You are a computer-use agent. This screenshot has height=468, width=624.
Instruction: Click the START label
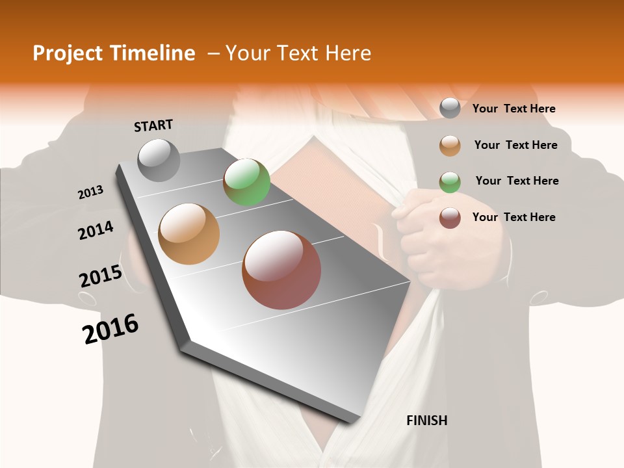(x=153, y=125)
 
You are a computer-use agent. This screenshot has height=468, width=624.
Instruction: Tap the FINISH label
(x=426, y=421)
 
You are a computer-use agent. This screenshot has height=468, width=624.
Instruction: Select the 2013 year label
(x=90, y=192)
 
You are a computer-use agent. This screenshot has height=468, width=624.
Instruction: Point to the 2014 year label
(x=96, y=230)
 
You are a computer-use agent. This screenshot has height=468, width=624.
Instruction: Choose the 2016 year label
(x=110, y=329)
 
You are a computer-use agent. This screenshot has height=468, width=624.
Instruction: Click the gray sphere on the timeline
(x=159, y=160)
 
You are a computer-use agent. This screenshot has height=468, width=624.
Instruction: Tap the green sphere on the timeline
(x=246, y=182)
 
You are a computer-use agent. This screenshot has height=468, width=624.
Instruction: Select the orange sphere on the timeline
(x=188, y=234)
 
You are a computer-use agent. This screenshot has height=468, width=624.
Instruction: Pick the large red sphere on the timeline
(x=281, y=270)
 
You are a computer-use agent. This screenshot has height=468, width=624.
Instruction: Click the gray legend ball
(x=450, y=108)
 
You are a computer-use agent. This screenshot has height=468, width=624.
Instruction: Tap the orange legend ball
(x=450, y=146)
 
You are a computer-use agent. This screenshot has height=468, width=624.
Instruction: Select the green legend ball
(x=450, y=182)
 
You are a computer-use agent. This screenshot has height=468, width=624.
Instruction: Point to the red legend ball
(x=450, y=218)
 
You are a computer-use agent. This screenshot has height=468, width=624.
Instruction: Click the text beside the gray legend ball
(x=513, y=109)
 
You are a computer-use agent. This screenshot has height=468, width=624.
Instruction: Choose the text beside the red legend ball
(x=513, y=217)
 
